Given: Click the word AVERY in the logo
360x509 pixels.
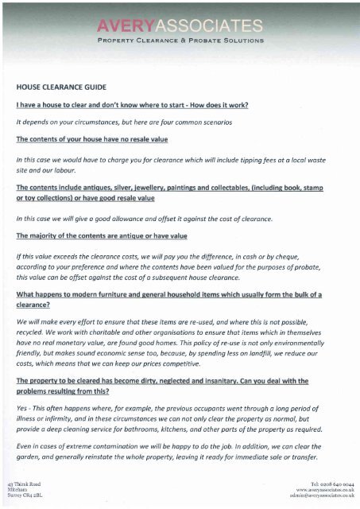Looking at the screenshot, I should [122, 25].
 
